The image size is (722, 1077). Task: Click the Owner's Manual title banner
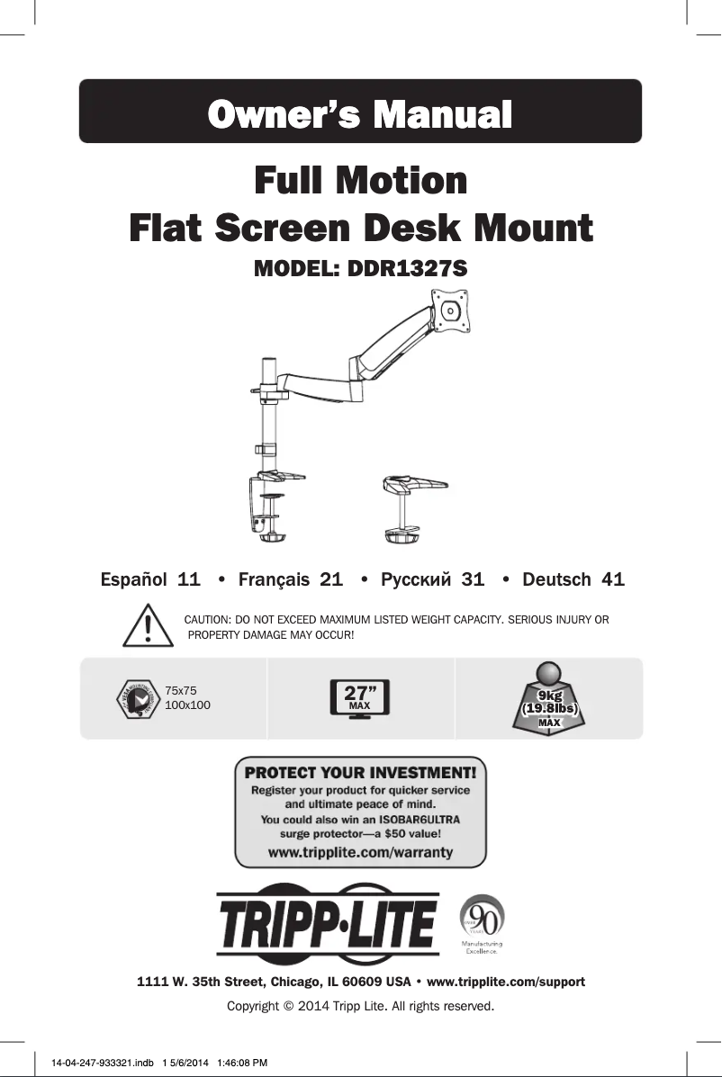pyautogui.click(x=360, y=112)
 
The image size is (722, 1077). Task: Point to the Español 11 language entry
pyautogui.click(x=149, y=579)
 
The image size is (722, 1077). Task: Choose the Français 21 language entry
pyautogui.click(x=290, y=579)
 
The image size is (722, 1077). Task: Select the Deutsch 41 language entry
pyautogui.click(x=573, y=579)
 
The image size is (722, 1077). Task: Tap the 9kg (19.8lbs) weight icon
pyautogui.click(x=549, y=698)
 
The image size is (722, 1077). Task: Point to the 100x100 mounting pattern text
pyautogui.click(x=188, y=705)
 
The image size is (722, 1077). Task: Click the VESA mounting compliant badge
pyautogui.click(x=139, y=699)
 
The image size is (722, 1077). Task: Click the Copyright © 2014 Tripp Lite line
pyautogui.click(x=360, y=1005)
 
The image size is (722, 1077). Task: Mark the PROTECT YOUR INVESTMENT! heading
pyautogui.click(x=360, y=772)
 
